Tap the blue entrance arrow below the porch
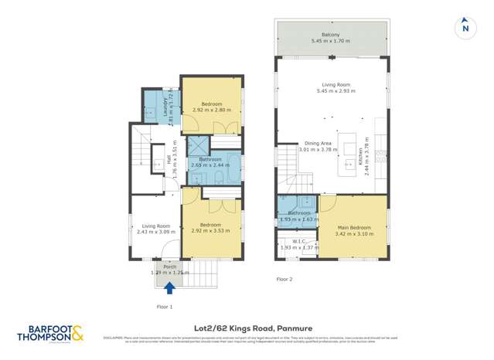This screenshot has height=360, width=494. point(169,288)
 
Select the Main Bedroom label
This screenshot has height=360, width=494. point(353,228)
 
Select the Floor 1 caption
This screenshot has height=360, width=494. point(164,307)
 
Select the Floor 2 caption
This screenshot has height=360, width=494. point(284,279)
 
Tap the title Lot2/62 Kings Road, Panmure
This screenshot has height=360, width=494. point(247,328)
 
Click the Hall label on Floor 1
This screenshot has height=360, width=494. point(169,163)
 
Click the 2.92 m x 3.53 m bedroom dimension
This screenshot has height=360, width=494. point(212,231)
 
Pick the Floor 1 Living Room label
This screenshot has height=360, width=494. point(155,226)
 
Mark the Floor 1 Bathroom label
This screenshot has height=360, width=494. point(210,159)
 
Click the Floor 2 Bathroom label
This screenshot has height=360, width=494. point(298,212)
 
